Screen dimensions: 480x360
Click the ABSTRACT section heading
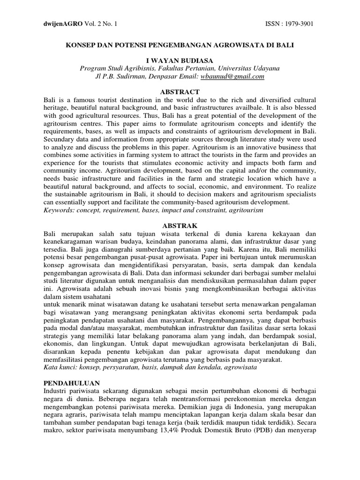click(x=180, y=92)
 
